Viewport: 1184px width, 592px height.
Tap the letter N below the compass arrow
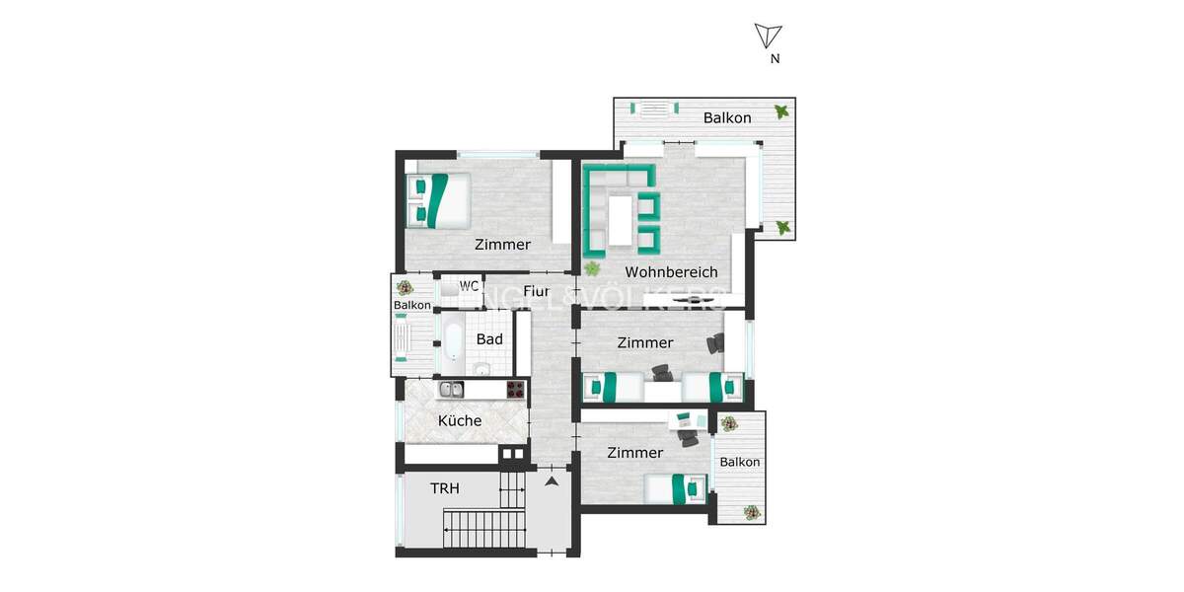(x=776, y=59)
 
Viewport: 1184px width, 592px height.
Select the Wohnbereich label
(x=671, y=272)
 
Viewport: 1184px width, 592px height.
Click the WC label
(x=470, y=286)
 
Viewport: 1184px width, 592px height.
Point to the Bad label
(x=489, y=339)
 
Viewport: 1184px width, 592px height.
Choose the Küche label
(x=460, y=420)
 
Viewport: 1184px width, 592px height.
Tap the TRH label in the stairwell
(x=445, y=487)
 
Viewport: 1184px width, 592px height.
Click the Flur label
(x=536, y=291)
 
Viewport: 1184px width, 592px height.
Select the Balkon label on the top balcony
(x=727, y=117)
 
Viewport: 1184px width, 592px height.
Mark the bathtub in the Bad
(x=452, y=339)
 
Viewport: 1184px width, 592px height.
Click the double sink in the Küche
(x=452, y=390)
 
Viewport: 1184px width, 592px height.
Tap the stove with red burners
(x=516, y=390)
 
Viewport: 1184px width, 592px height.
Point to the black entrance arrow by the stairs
(x=552, y=481)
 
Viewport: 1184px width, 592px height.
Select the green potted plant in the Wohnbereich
(x=592, y=267)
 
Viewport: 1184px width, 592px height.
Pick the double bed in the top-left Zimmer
(x=439, y=198)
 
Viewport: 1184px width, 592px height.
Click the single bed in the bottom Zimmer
(x=676, y=486)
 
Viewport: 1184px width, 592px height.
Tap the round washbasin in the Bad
(x=481, y=369)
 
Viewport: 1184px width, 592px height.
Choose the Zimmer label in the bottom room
(x=635, y=453)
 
